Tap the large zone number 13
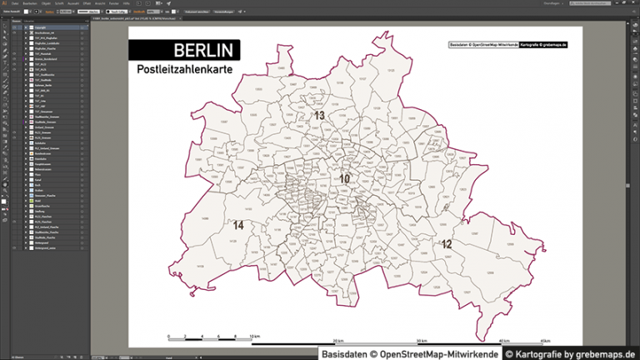[x=318, y=116]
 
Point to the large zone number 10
[x=344, y=178]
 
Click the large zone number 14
[x=238, y=225]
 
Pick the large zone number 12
[x=447, y=244]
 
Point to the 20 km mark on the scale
[x=338, y=342]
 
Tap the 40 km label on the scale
[x=504, y=342]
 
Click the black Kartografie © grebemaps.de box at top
[x=543, y=43]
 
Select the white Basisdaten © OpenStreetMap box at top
[x=483, y=43]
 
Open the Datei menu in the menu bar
[x=15, y=2]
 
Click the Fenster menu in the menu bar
[x=113, y=2]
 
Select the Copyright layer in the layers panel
[x=42, y=27]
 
